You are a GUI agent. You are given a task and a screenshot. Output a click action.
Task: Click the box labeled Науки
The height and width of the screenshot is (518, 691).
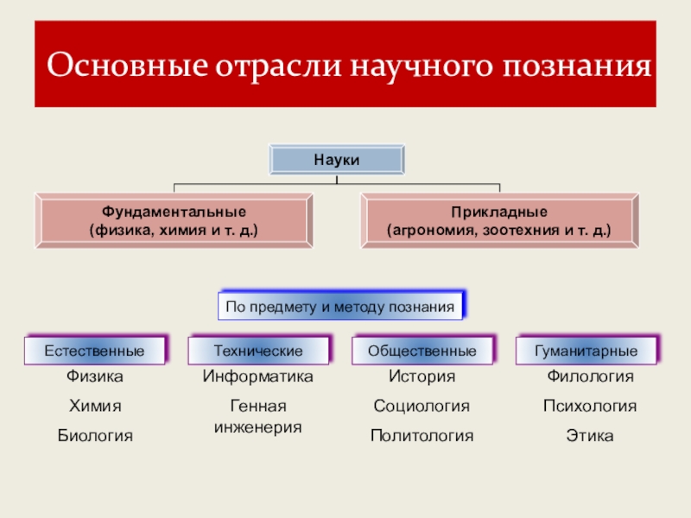tap(336, 160)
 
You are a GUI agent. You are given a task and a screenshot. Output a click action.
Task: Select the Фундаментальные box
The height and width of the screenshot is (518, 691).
tap(174, 221)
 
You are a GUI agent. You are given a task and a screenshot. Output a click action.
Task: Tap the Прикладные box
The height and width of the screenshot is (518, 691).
tap(498, 221)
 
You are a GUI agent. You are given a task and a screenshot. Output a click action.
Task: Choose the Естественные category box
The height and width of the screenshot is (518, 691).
tap(94, 351)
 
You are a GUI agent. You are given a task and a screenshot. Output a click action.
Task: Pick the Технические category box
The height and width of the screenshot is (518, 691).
tap(258, 351)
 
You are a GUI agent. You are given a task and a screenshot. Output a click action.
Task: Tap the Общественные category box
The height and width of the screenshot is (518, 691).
tap(422, 351)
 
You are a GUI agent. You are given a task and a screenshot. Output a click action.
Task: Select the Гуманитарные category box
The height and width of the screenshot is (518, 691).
tap(586, 351)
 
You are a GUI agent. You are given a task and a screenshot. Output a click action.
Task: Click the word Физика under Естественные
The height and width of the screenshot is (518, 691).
tap(95, 377)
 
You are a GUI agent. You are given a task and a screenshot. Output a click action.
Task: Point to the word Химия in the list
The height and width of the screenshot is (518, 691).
tap(95, 407)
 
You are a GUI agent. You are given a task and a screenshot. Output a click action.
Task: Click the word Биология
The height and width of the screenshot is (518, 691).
tap(95, 436)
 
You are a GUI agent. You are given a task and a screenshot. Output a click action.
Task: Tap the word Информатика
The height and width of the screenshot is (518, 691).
tap(258, 377)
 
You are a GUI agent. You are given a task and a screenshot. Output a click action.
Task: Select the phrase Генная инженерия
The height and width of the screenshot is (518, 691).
tap(258, 416)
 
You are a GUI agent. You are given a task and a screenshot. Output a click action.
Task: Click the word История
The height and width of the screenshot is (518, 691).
tap(422, 377)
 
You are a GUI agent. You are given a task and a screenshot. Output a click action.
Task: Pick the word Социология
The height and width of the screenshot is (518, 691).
tap(422, 407)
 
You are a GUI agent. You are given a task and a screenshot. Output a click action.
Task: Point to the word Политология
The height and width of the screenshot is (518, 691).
tap(422, 436)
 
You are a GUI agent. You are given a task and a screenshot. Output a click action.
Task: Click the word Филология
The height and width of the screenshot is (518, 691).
tap(591, 377)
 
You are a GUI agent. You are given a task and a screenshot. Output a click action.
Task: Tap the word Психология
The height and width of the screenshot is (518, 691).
tap(590, 407)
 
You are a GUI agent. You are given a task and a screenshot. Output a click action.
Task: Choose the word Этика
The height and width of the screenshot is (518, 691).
tap(590, 436)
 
